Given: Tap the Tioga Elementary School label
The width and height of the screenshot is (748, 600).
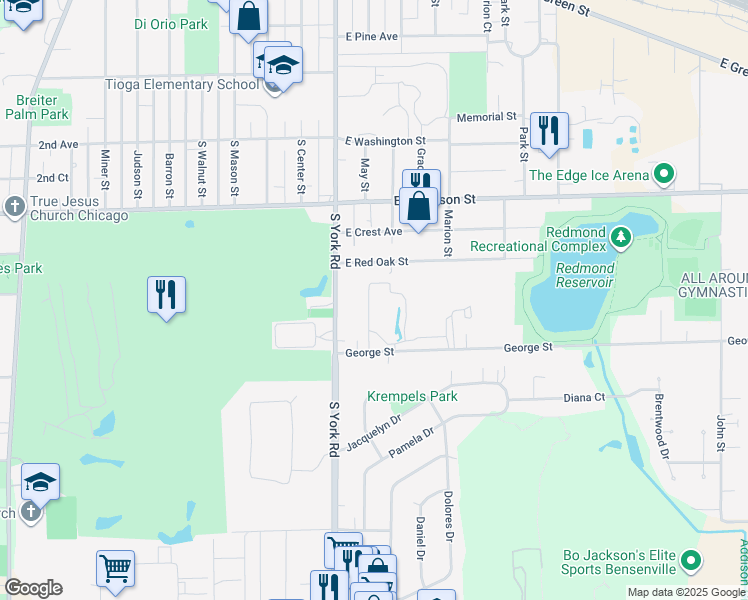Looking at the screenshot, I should coord(182,84).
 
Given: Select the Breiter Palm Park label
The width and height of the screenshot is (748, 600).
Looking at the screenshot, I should coord(36,107).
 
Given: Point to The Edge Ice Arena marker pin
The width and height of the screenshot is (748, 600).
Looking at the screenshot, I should coord(663,176).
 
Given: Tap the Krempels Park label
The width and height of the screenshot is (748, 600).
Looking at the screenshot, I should coord(412,396).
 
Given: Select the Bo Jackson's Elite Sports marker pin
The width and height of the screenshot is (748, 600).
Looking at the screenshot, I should coord(688,564).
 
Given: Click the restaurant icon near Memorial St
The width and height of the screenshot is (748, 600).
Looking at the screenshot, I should coord(549,131).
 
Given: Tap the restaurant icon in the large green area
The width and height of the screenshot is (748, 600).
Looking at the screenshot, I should coord(166,295).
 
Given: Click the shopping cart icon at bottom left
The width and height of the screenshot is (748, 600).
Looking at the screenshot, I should coord(116,569).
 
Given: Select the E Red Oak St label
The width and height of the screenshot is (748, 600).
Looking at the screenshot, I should coord(377,262).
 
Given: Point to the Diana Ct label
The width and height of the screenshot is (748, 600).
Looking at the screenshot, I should coord(584,397).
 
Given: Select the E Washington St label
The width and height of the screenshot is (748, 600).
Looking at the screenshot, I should coord(385,142).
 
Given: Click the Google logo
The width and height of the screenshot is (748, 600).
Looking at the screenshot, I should coord(33,588).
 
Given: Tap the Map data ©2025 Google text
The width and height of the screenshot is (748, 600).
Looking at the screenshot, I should coord(684,592).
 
